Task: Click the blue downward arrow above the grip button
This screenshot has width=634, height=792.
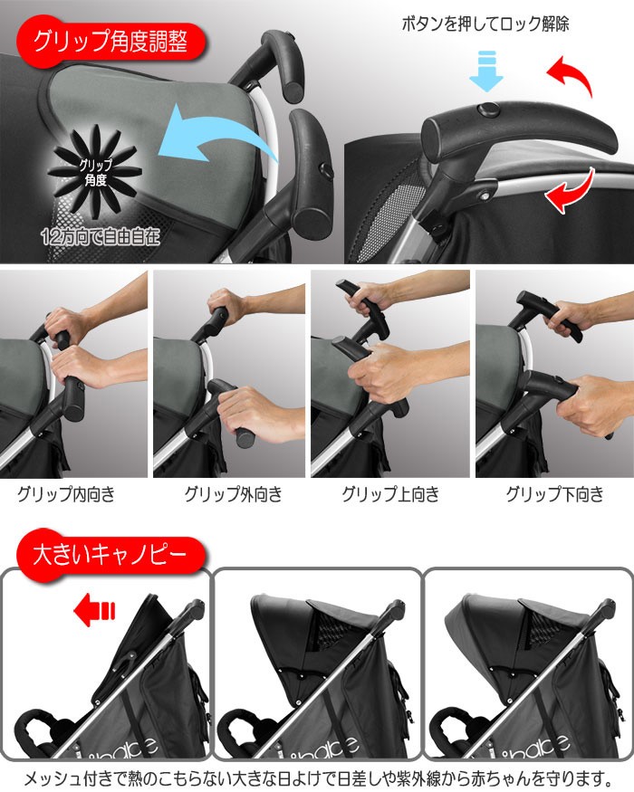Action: tap(485, 72)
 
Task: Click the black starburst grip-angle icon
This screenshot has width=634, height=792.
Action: tap(90, 171)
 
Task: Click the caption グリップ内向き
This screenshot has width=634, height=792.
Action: tap(65, 495)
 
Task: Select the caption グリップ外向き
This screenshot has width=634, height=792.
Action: tap(233, 495)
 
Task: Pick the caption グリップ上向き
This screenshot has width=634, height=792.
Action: tap(390, 495)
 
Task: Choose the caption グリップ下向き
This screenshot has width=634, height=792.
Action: tap(553, 495)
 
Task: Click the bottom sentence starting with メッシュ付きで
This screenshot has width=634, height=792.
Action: tap(317, 778)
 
